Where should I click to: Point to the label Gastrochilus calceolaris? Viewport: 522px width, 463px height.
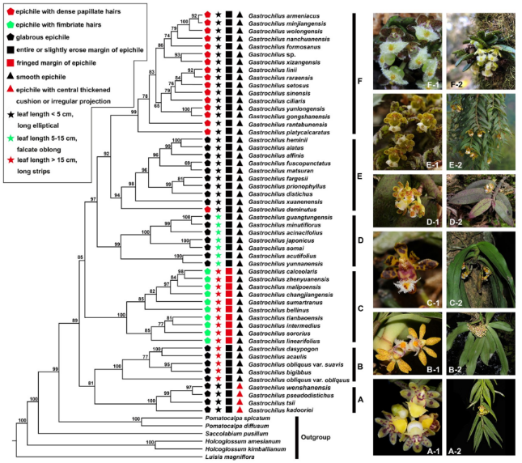pyautogui.click(x=278, y=272)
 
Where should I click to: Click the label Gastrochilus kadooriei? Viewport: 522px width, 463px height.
pyautogui.click(x=276, y=409)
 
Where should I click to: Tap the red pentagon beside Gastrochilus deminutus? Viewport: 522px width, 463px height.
pyautogui.click(x=206, y=206)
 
